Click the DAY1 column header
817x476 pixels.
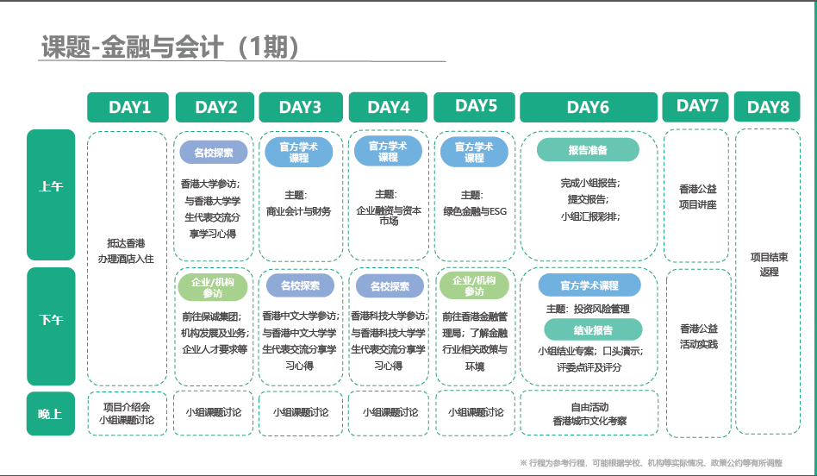128,108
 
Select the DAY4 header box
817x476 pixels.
388,108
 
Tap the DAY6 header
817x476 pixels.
589,108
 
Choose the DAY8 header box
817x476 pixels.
767,107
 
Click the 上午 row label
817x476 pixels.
51,195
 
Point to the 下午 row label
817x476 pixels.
51,326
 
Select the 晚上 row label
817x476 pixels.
51,413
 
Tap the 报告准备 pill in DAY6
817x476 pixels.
588,150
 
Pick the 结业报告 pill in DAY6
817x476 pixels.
593,330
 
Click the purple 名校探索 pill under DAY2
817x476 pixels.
214,153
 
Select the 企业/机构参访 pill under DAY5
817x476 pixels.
474,285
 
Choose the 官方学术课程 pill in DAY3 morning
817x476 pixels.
298,153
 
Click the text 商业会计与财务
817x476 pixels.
298,211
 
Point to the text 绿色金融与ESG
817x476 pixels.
475,211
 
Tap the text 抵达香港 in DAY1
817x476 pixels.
126,243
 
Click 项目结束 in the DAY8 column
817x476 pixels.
769,257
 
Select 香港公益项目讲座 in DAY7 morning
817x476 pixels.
698,197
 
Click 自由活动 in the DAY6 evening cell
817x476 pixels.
589,407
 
